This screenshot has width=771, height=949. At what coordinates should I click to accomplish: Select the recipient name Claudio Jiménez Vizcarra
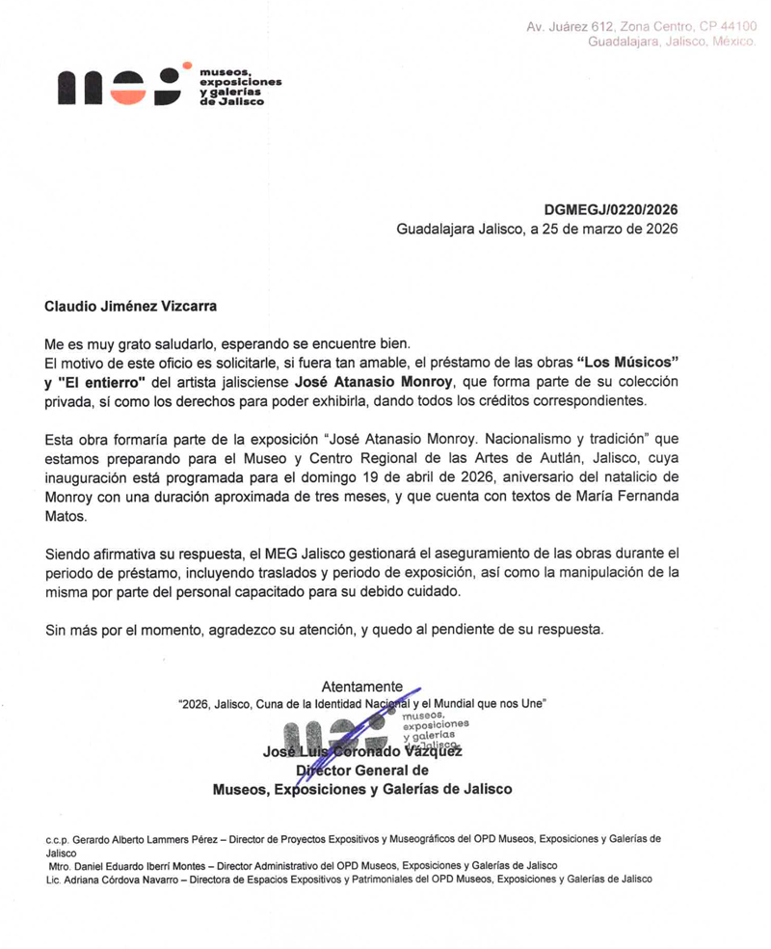(131, 307)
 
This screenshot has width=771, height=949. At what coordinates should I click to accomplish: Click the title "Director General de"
(362, 770)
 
